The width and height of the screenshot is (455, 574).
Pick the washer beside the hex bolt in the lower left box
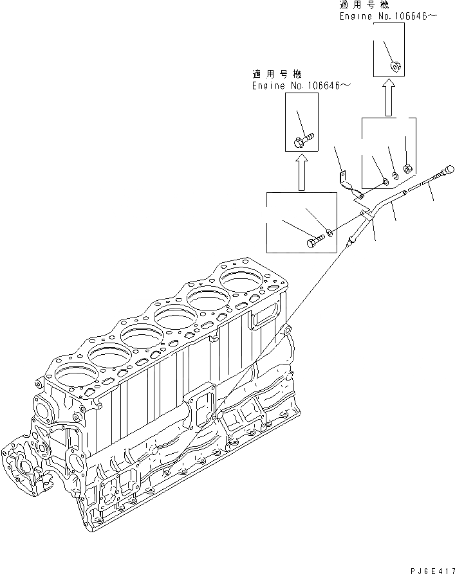(329, 231)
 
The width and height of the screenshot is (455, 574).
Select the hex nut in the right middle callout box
(407, 169)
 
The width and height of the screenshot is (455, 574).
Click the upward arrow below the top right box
(388, 98)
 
